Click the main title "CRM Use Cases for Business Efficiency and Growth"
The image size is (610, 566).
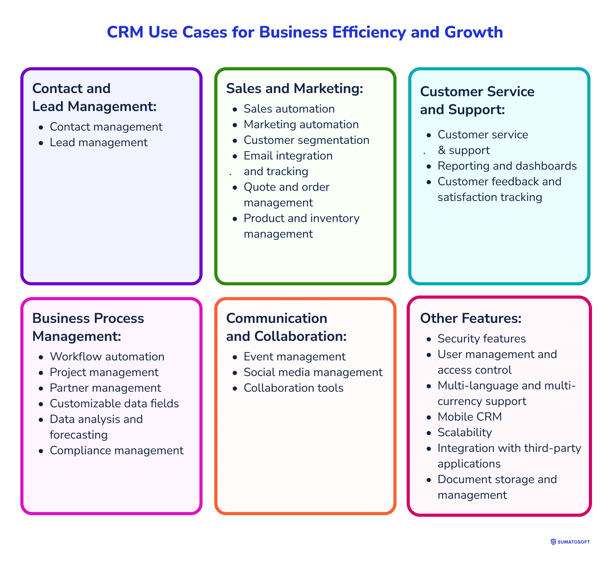click(305, 32)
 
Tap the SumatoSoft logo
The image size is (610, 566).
click(570, 542)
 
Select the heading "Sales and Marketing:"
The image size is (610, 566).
click(295, 88)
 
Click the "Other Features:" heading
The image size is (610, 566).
click(471, 318)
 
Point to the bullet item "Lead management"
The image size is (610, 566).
click(99, 142)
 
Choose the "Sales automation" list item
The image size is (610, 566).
click(289, 109)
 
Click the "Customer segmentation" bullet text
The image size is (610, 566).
click(306, 140)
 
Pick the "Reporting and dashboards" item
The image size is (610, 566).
click(507, 166)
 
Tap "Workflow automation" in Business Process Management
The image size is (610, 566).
click(107, 356)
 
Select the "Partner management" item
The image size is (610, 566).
click(105, 388)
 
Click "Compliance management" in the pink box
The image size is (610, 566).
click(117, 450)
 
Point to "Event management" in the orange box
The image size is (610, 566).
click(294, 356)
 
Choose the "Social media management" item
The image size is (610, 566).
click(313, 372)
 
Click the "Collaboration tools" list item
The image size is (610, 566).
click(293, 388)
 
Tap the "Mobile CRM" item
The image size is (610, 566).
click(470, 417)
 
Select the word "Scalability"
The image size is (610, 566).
click(465, 432)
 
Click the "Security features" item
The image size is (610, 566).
click(481, 339)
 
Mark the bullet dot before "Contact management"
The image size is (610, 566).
click(41, 127)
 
